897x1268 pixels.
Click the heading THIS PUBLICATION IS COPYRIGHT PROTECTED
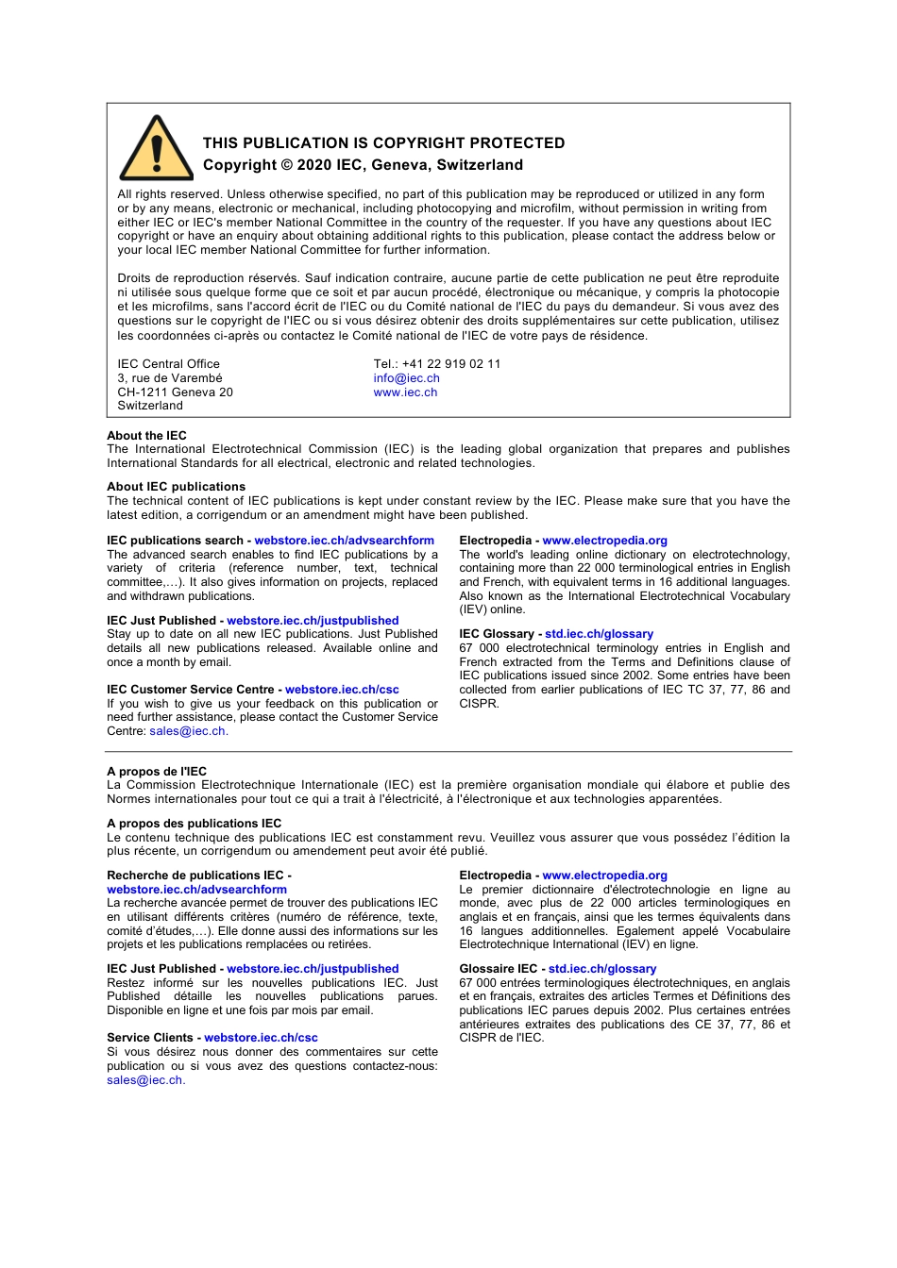[x=383, y=143]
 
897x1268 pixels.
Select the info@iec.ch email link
[x=406, y=378]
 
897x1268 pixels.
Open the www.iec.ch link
[x=405, y=392]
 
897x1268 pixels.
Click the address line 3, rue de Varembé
[x=170, y=378]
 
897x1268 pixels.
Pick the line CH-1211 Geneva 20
[x=175, y=392]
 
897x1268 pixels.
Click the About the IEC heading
[x=146, y=436]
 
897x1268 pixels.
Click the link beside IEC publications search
[x=344, y=541]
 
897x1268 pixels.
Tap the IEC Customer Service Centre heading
[x=190, y=690]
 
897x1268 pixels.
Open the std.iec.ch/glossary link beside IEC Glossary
[x=599, y=634]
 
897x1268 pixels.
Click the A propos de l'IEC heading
[x=157, y=772]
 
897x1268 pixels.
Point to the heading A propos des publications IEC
[x=194, y=824]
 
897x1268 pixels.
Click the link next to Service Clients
[x=261, y=1038]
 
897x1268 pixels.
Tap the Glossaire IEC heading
[x=498, y=969]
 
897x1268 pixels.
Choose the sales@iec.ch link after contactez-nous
[x=144, y=1080]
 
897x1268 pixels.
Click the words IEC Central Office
[x=168, y=364]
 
